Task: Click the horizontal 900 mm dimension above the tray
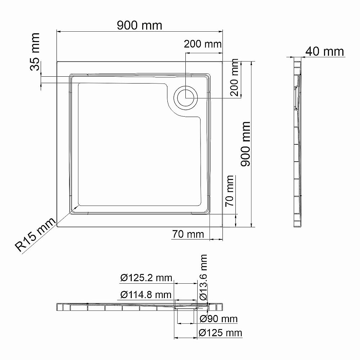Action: click(140, 26)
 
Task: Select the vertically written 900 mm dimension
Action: click(246, 144)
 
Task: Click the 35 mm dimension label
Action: click(35, 52)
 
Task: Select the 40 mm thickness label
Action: click(324, 51)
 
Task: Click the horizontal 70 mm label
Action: click(188, 234)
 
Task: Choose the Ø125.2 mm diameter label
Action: click(146, 278)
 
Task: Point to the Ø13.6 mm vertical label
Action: click(203, 277)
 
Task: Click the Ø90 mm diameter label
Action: click(219, 319)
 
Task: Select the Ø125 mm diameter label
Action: click(220, 332)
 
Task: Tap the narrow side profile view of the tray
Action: click(298, 144)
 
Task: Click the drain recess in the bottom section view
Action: click(186, 307)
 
